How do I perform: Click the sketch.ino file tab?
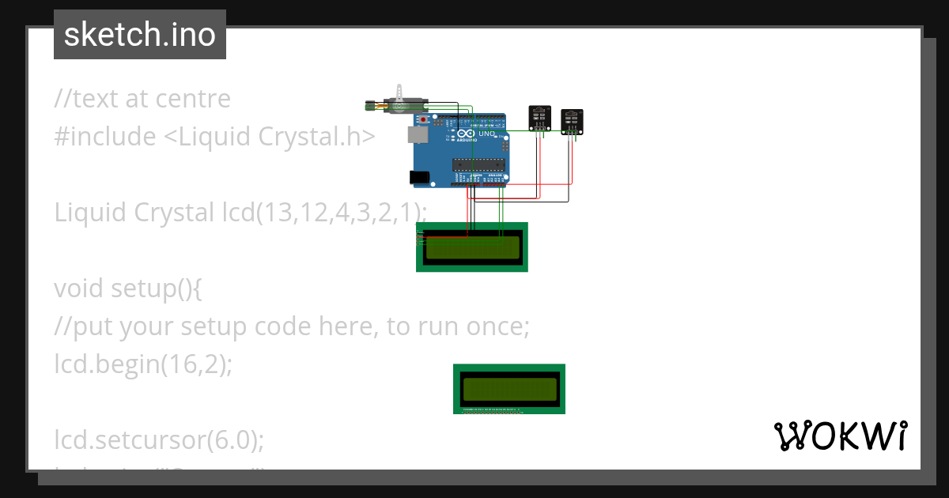click(x=140, y=35)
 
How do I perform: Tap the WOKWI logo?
click(x=840, y=436)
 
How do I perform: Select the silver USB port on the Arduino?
click(x=416, y=135)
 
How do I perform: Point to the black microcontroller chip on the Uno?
click(x=478, y=164)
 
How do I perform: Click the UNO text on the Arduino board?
click(x=486, y=134)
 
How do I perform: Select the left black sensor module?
click(x=539, y=118)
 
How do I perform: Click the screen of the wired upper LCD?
click(x=473, y=248)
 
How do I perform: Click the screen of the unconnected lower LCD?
click(x=509, y=388)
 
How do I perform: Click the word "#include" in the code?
click(x=105, y=137)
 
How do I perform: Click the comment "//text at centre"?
click(x=142, y=99)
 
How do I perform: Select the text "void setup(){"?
click(x=128, y=289)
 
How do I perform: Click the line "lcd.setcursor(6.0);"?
click(x=159, y=440)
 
